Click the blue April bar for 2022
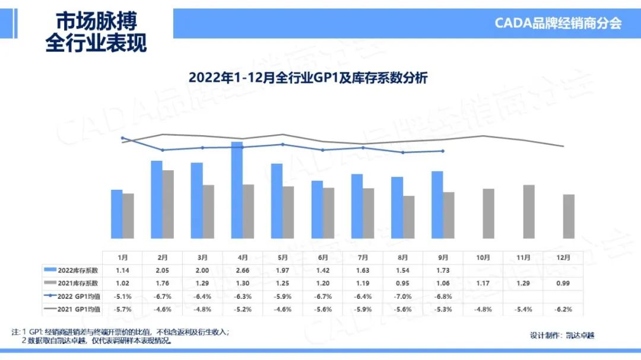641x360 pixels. [x=236, y=190]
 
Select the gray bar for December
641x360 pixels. [x=569, y=216]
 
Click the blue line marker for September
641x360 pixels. [x=443, y=151]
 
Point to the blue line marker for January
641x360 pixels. [x=122, y=138]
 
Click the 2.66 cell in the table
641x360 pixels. [x=242, y=270]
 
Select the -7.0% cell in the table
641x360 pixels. [x=404, y=297]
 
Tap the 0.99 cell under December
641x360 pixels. [x=564, y=283]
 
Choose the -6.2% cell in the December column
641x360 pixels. [x=564, y=309]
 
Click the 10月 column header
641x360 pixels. [x=483, y=257]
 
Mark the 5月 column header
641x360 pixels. [x=283, y=257]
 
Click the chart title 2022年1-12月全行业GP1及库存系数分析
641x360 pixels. [x=308, y=78]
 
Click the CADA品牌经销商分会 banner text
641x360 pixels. [x=558, y=23]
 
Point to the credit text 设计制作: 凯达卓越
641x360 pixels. [x=561, y=335]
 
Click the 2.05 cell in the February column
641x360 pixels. [x=162, y=270]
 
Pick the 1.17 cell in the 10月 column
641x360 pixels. [x=483, y=283]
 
